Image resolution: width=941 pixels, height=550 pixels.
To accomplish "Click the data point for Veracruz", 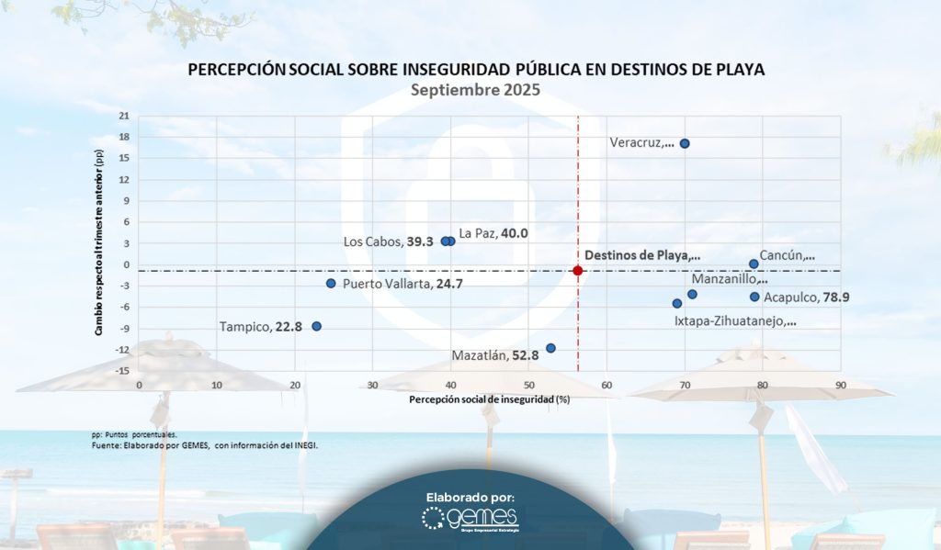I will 685,143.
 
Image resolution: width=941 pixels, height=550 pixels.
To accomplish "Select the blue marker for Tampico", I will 316,326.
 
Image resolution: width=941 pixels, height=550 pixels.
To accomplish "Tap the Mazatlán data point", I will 550,348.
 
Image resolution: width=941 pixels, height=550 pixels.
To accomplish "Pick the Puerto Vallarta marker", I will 331,284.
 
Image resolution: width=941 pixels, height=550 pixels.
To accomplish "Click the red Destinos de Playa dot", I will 577,271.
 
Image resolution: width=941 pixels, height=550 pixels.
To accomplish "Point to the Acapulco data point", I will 754,297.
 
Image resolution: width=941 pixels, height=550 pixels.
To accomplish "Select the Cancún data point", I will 754,264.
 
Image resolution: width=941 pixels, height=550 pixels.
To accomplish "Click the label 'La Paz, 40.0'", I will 493,234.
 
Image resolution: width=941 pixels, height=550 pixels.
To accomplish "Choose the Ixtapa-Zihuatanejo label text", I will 735,321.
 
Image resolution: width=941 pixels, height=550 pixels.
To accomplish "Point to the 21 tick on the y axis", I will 123,116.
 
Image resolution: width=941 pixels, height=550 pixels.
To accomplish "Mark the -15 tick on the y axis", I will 121,370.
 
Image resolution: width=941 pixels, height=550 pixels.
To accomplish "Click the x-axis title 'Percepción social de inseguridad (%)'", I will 490,400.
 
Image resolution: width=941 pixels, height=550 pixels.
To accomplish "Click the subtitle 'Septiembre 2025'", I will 475,90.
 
